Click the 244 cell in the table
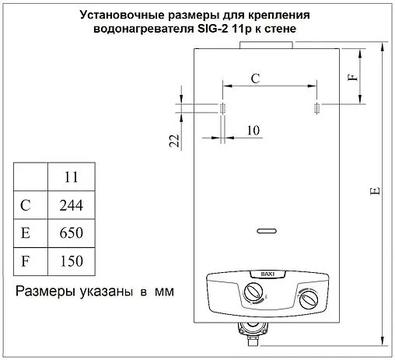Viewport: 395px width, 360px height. tap(71, 205)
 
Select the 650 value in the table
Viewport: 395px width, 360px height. tap(71, 232)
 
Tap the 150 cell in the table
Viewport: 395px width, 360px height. tap(71, 260)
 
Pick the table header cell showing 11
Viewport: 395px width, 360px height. tap(71, 177)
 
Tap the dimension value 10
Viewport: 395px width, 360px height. tap(252, 130)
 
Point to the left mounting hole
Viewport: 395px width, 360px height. tap(222, 107)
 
